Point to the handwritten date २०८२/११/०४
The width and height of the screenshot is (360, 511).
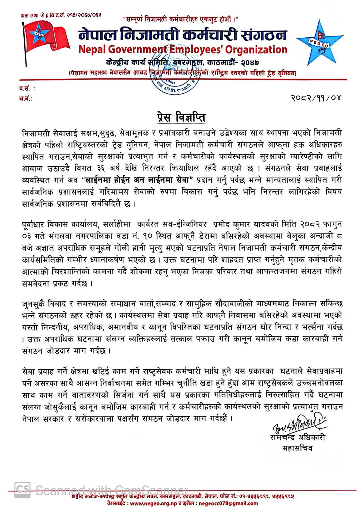tap(316, 97)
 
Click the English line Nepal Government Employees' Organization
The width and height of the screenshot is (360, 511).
tap(183, 50)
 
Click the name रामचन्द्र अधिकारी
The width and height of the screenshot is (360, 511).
tap(297, 438)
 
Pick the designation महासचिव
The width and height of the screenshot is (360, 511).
tap(297, 448)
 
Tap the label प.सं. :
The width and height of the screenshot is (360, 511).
tap(27, 88)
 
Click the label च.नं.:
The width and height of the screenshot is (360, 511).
tap(26, 98)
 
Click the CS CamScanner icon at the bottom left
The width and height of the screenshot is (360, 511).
tap(22, 490)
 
